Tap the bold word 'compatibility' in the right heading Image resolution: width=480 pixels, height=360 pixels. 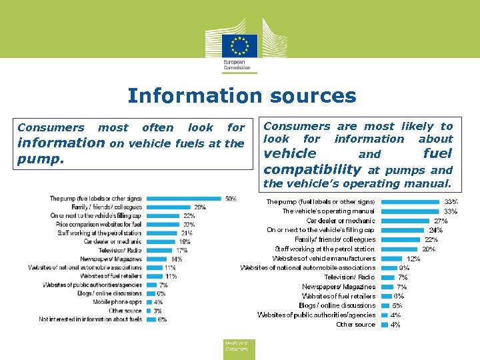312,169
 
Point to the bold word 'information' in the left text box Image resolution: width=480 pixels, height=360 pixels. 61,143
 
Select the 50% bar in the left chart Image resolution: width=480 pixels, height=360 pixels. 183,198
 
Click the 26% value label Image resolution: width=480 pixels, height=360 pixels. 199,207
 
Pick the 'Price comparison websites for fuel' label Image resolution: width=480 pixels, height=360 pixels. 99,225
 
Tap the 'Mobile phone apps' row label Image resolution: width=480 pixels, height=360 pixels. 117,302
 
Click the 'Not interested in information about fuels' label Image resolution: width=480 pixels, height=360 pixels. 90,319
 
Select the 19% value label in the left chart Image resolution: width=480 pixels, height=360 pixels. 184,242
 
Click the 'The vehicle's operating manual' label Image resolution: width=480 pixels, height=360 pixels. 328,211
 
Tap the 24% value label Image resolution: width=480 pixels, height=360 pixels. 435,230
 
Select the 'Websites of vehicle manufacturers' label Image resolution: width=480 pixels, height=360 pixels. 323,258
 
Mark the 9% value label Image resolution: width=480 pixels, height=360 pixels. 404,268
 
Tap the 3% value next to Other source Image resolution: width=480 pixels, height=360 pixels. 157,311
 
